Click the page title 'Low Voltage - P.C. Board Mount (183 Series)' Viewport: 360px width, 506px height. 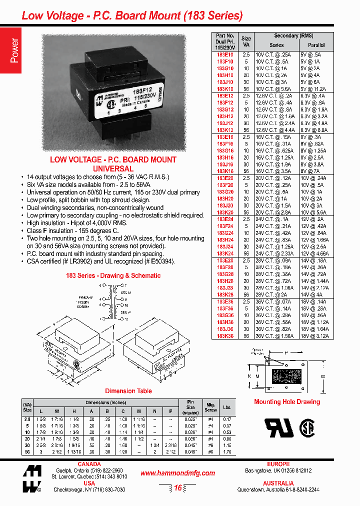coord(132,15)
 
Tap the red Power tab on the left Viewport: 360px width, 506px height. coord(14,50)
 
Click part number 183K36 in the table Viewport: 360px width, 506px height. coord(225,336)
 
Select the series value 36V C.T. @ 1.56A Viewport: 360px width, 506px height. coord(273,336)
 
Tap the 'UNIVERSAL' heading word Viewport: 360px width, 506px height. coord(113,169)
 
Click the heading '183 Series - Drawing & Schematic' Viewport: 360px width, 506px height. coord(113,275)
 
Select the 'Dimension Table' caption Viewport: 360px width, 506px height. coord(128,391)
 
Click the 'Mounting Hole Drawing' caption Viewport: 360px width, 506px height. coord(286,402)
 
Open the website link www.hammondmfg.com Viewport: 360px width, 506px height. coord(177,473)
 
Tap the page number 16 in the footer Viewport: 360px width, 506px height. coord(177,488)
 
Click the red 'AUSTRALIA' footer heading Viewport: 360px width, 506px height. coord(278,483)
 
